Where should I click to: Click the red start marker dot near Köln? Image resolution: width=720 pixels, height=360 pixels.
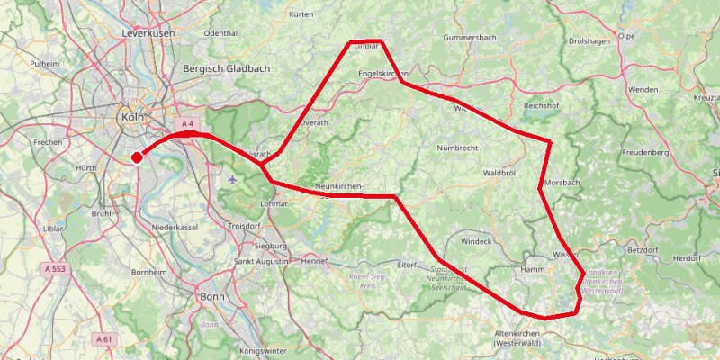(137, 157)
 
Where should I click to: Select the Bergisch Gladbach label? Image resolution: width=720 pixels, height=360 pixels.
(219, 68)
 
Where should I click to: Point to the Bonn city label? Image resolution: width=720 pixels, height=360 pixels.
(212, 296)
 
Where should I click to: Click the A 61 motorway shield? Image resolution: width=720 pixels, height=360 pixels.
(103, 339)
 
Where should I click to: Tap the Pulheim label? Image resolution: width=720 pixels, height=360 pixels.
(44, 64)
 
